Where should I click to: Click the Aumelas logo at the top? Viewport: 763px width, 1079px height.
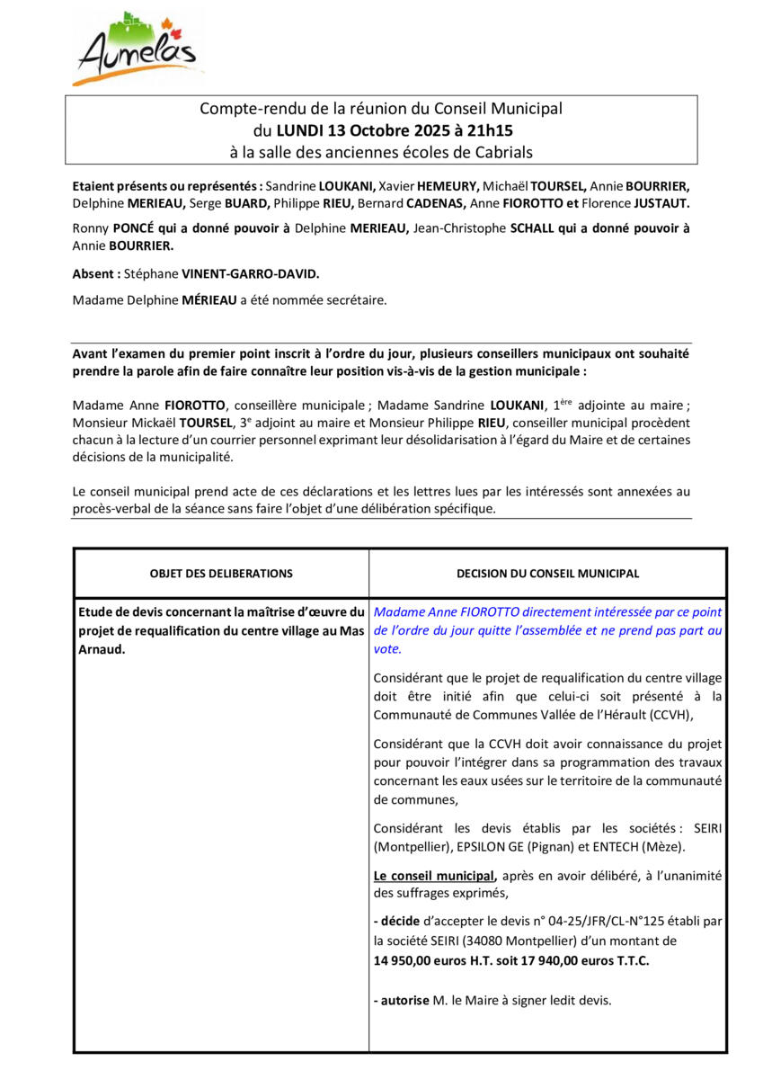point(137,49)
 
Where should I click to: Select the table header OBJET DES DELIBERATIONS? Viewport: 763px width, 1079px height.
point(221,574)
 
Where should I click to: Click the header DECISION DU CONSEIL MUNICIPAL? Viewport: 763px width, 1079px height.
point(547,574)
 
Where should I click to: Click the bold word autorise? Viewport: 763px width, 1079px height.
point(404,1000)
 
